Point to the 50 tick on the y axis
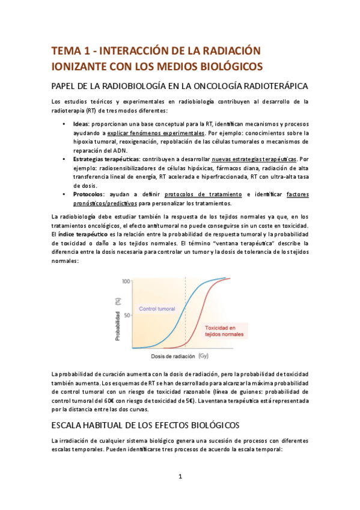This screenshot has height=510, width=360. click(x=127, y=315)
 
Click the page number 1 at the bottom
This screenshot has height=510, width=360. click(x=180, y=477)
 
